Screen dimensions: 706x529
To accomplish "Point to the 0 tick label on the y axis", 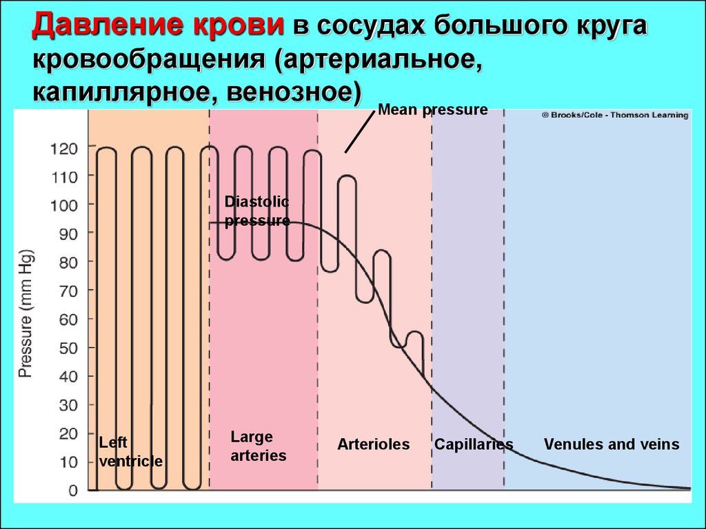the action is click(x=73, y=490).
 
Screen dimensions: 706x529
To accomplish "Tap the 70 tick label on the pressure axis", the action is click(x=69, y=291).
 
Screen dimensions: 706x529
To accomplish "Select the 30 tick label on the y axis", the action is click(x=69, y=405).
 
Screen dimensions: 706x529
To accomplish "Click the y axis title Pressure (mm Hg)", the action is click(x=26, y=313).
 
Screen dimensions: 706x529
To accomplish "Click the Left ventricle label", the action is click(x=130, y=452).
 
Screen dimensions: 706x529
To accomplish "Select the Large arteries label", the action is click(x=259, y=446).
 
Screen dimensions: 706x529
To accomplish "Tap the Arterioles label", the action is click(x=373, y=444).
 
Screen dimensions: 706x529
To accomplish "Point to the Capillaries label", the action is click(x=474, y=444).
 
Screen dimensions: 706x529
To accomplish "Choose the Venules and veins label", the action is click(x=612, y=444).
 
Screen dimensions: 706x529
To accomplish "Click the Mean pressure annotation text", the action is click(x=433, y=110).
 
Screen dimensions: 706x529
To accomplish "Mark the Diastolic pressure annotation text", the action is click(x=257, y=211).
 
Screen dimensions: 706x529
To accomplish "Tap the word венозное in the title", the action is click(x=294, y=93).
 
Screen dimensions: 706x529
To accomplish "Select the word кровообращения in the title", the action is click(x=149, y=61).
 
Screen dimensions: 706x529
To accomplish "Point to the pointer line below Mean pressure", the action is click(x=360, y=132).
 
